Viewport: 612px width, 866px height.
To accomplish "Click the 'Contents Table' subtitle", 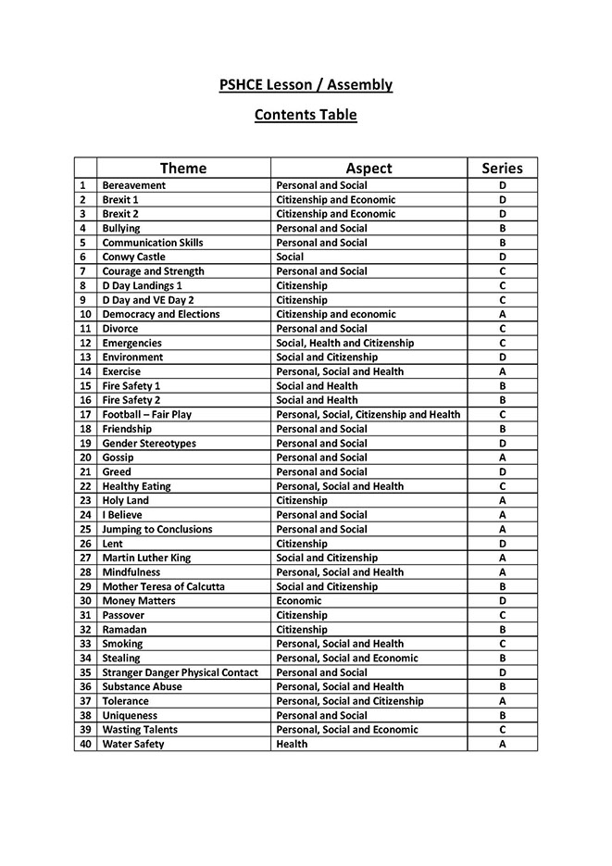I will pos(306,116).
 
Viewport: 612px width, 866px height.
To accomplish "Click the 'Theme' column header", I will pos(183,168).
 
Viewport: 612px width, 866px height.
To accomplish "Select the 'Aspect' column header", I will pos(368,168).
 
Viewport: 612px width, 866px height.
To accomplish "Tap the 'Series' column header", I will pos(502,168).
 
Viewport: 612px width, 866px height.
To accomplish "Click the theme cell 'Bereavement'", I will pos(134,185).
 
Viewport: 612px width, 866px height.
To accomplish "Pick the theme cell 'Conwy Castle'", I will pos(134,257).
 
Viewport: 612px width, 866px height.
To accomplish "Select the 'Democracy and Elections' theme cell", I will pos(161,314).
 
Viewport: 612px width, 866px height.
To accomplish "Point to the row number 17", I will pos(85,414).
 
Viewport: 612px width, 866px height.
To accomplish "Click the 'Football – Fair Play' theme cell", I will pos(154,414).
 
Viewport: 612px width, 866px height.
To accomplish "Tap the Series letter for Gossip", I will pos(502,458).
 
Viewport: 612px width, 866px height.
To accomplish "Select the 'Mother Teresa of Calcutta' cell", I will pos(164,586).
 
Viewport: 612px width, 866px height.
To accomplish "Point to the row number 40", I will pos(85,744).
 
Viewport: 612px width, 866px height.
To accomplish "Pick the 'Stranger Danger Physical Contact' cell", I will pos(181,672).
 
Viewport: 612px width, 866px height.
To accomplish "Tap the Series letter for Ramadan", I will pos(502,629).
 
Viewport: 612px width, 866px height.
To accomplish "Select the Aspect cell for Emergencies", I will pos(345,343).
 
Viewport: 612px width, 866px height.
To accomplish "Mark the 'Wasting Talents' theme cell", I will pos(140,729).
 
